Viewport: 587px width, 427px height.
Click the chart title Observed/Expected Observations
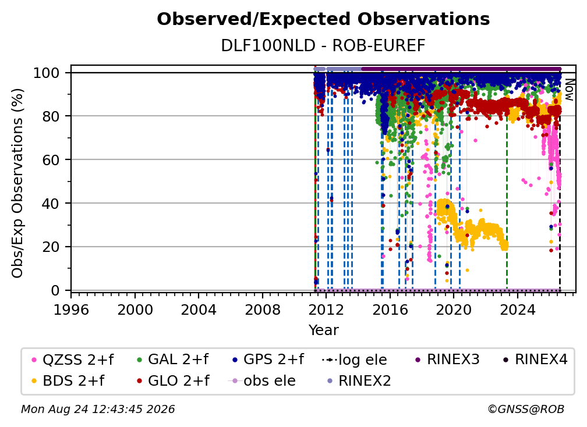tap(323, 19)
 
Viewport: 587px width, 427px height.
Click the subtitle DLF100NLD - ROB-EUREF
tap(323, 46)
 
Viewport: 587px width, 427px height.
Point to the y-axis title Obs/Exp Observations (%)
tap(17, 183)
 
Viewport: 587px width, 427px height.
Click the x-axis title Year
tap(323, 330)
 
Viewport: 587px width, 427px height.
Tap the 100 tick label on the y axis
tap(47, 73)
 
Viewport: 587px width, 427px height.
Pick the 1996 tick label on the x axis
tap(71, 310)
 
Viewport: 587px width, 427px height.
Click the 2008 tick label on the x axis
tap(263, 310)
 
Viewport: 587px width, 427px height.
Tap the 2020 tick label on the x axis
tap(454, 310)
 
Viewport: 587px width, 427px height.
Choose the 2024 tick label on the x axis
tap(517, 310)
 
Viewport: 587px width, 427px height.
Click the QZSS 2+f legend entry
tap(73, 360)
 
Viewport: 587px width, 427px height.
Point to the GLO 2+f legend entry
tap(173, 381)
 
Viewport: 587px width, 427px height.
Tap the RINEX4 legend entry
tap(535, 360)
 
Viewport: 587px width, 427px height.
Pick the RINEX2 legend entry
tap(359, 381)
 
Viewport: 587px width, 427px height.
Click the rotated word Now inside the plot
tap(568, 90)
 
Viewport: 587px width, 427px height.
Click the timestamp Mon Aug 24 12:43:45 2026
tap(98, 409)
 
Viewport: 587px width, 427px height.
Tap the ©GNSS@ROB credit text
tap(526, 409)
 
